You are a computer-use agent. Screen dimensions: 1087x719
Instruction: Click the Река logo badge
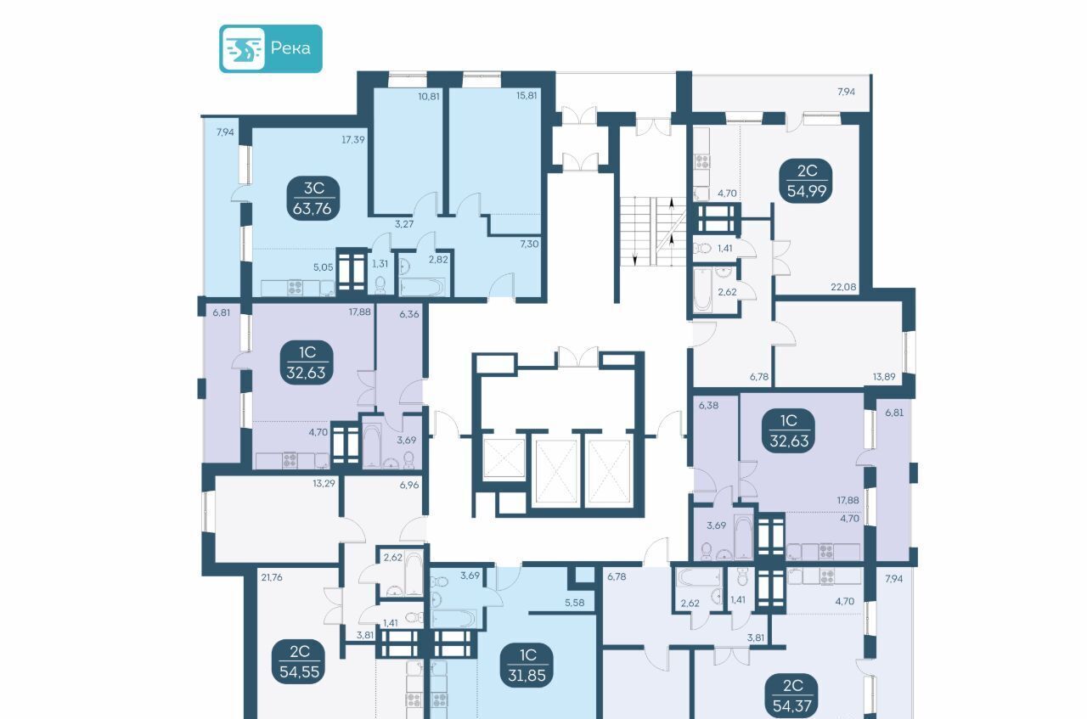coord(271,48)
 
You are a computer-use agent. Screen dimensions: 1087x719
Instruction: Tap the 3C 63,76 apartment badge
coord(313,199)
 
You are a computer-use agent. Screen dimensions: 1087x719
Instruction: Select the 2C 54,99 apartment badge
coord(807,181)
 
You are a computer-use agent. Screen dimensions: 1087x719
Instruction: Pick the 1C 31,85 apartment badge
coord(527,666)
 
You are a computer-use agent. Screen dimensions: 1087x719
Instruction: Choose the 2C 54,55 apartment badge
coord(299,662)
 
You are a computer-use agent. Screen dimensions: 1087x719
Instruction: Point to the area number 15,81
coord(527,96)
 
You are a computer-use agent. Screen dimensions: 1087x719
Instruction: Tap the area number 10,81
coord(429,96)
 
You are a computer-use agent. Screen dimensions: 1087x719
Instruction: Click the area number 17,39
coord(352,140)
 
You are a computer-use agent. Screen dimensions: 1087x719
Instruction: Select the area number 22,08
coord(843,287)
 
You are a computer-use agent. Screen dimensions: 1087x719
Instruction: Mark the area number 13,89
coord(884,377)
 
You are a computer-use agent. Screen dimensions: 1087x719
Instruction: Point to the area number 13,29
coord(324,483)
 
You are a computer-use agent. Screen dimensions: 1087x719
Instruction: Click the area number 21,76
coord(271,577)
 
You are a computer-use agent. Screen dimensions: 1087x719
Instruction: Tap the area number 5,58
coord(575,603)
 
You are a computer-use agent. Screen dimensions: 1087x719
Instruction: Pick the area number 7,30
coord(529,244)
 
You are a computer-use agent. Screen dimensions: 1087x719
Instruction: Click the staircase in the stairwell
coord(652,232)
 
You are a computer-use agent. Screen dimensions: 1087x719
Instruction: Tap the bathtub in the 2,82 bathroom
coord(423,287)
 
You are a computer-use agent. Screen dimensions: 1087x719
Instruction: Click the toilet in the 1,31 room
coord(380,285)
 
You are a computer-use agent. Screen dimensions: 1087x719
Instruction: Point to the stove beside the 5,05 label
coord(295,287)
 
